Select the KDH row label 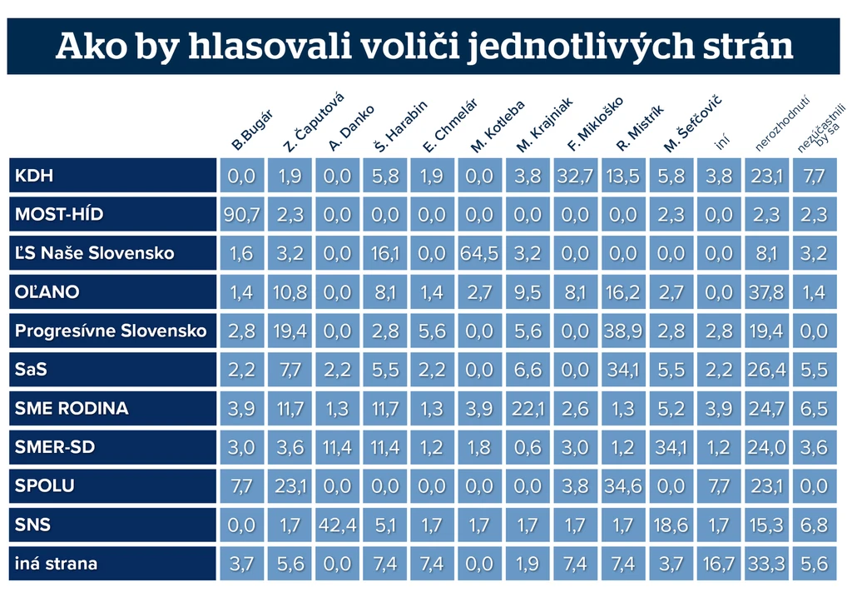pyautogui.click(x=33, y=176)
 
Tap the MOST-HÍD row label pyautogui.click(x=59, y=214)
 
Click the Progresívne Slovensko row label pyautogui.click(x=111, y=331)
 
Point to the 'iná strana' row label pyautogui.click(x=56, y=564)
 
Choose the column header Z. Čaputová pyautogui.click(x=313, y=122)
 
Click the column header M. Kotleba pyautogui.click(x=498, y=127)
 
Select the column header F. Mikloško pyautogui.click(x=594, y=124)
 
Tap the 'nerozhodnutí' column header pyautogui.click(x=782, y=123)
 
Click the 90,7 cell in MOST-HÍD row pyautogui.click(x=241, y=214)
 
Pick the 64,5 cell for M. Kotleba pyautogui.click(x=479, y=253)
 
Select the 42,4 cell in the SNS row pyautogui.click(x=338, y=525)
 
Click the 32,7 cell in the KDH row pyautogui.click(x=576, y=176)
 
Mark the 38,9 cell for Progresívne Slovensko pyautogui.click(x=623, y=331)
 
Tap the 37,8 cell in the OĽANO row pyautogui.click(x=766, y=292)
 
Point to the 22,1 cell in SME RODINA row pyautogui.click(x=528, y=408)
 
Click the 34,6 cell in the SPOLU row pyautogui.click(x=623, y=485)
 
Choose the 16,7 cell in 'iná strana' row pyautogui.click(x=718, y=564)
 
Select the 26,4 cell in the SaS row pyautogui.click(x=766, y=370)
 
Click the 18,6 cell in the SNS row pyautogui.click(x=671, y=525)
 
